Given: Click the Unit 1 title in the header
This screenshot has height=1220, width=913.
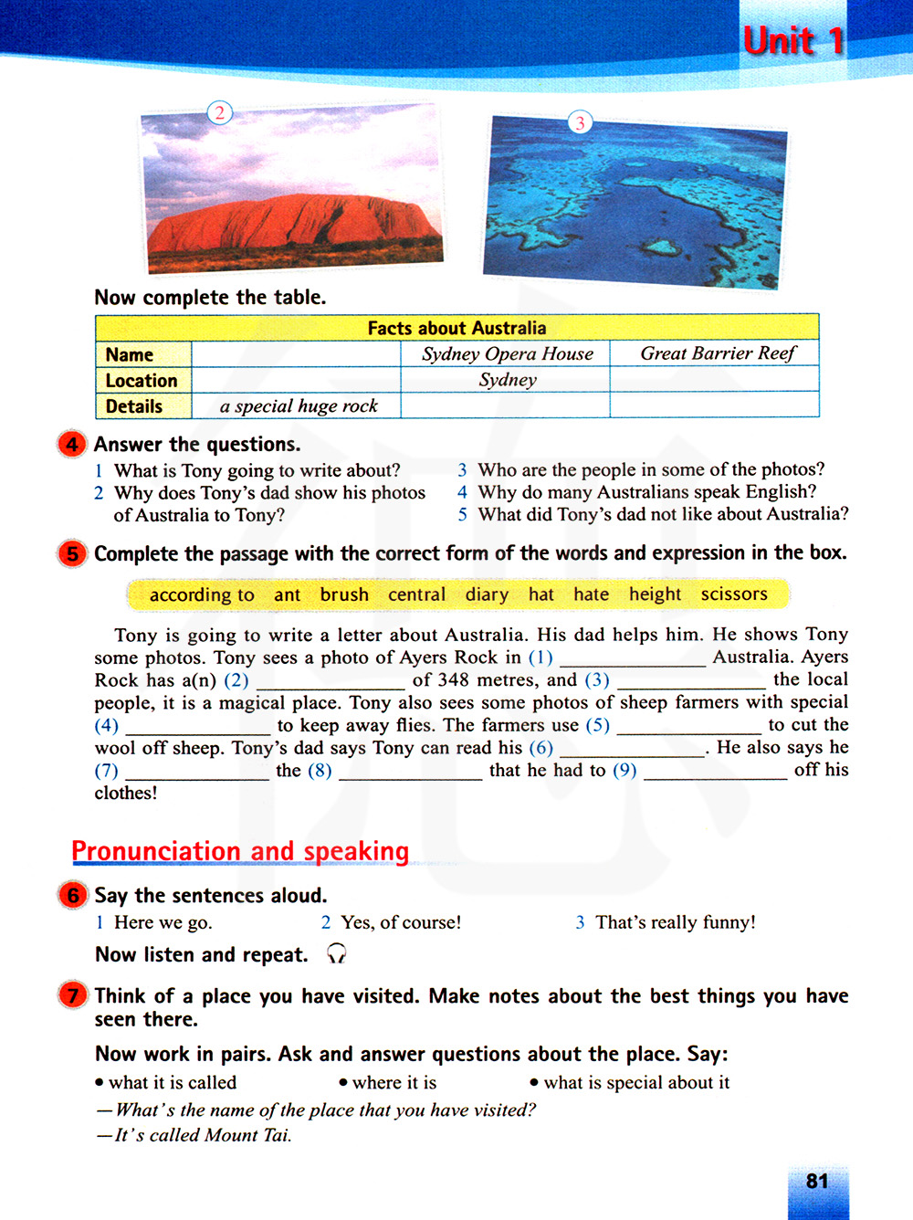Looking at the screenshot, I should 792,41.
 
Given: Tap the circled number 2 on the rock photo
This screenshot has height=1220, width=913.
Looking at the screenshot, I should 220,112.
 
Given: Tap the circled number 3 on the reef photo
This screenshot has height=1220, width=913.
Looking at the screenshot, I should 580,122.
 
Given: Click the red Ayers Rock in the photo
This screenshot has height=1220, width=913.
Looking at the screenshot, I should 292,225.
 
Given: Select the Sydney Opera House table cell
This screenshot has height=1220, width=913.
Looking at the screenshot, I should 507,354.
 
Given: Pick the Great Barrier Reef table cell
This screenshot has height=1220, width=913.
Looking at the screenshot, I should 717,353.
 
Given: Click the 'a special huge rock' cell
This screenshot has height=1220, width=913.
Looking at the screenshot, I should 299,406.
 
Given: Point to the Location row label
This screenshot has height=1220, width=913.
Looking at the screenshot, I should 142,381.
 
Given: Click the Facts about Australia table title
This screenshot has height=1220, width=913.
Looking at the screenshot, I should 456,328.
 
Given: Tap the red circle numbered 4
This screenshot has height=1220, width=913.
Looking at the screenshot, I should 72,445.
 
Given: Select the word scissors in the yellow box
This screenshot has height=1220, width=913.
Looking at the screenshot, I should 734,594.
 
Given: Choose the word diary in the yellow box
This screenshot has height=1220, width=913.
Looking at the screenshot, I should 487,594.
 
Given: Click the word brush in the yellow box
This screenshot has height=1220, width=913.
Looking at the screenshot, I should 344,594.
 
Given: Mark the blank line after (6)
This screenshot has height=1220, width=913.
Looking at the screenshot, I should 632,752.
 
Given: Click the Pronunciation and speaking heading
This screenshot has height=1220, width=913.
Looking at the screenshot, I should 240,851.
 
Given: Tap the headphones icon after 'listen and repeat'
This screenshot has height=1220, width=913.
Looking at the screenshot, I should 337,954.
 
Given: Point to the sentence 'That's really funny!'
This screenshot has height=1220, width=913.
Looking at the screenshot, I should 676,922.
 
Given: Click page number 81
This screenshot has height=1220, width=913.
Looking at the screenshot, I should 817,1182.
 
